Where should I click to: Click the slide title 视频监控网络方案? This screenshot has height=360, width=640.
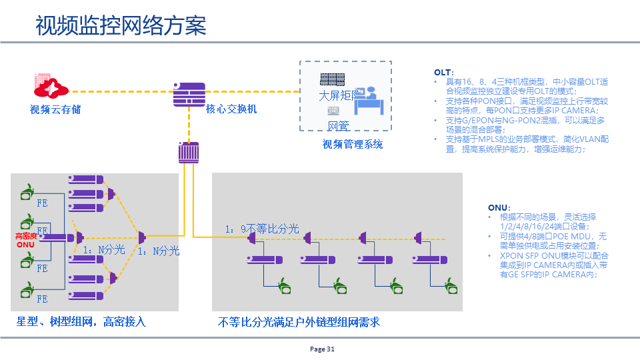click(x=121, y=26)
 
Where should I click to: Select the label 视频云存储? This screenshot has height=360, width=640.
click(x=55, y=109)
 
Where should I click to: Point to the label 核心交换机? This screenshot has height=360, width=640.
click(x=231, y=109)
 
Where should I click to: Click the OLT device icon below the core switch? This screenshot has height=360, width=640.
click(x=189, y=153)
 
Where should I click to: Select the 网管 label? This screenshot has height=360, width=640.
click(x=338, y=126)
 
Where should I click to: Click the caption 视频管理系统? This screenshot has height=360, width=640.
click(x=353, y=145)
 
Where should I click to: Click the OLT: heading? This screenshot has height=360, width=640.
click(x=444, y=72)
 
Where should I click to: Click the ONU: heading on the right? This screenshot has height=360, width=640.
click(x=499, y=208)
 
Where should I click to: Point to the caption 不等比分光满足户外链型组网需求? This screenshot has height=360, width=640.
click(x=299, y=322)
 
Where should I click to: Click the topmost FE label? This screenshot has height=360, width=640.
click(x=42, y=202)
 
